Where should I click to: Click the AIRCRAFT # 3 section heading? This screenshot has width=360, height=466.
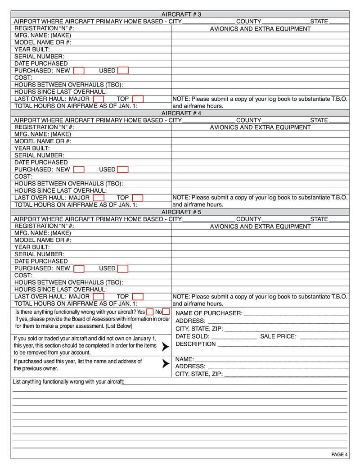coord(181,14)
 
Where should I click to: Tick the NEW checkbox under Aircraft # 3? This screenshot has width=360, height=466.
coord(79,71)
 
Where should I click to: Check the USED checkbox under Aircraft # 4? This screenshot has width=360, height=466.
coord(123,170)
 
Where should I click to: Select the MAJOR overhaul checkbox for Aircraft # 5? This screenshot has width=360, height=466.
coord(99,297)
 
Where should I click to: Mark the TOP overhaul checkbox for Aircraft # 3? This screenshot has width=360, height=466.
coord(138,99)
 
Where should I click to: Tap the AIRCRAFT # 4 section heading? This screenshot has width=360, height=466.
coord(181,113)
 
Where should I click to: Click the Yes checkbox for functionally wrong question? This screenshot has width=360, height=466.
coord(150,312)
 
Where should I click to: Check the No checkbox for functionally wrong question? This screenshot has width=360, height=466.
coord(166,312)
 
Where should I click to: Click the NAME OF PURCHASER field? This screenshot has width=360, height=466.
coord(296,313)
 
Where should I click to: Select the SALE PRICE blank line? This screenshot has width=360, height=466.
coord(324,336)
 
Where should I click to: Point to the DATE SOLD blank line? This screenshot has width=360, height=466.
coord(234,336)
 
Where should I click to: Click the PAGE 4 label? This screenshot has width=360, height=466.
coord(339,454)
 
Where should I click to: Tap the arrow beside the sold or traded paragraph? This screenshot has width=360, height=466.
coord(165,347)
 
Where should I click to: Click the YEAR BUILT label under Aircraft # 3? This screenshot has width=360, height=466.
coord(32,50)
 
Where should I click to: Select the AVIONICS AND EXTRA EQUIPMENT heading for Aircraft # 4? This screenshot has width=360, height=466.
coord(260,127)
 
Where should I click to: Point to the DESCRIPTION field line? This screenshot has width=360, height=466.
coord(283,344)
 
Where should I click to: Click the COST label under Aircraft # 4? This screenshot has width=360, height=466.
coord(23,176)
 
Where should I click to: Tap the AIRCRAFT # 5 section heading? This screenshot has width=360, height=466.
coord(181,212)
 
